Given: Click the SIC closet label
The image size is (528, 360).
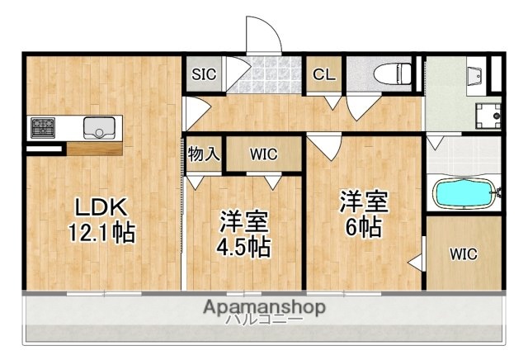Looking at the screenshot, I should point(204,73).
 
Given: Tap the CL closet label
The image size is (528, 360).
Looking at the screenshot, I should point(323,73).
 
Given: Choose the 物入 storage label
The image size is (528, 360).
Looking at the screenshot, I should point(203,154).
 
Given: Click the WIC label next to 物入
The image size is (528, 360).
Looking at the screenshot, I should point(264,154).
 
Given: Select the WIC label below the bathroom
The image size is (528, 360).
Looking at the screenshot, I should point(464,254).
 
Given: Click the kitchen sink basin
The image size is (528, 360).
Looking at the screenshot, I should point(100,128).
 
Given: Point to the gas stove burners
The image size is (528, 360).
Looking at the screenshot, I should point(43,127).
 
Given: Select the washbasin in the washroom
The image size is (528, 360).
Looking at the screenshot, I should point(478,77).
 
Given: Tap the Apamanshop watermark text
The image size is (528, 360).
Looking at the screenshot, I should point(263,307).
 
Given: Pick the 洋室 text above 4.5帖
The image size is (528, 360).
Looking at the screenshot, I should point(243,221).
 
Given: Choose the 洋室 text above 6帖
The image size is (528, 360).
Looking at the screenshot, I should point(363,201).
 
